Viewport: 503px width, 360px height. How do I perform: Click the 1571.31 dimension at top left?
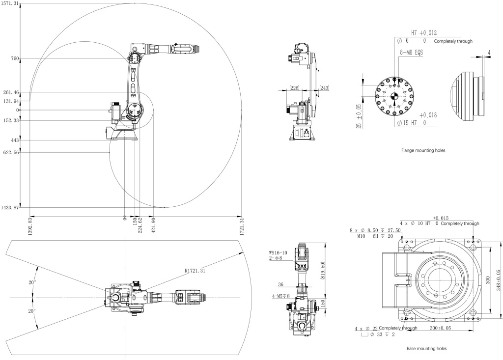10,3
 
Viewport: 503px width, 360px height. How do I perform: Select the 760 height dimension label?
14,59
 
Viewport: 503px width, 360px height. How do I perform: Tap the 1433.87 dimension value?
10,208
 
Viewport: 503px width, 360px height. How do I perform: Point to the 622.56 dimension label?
11,153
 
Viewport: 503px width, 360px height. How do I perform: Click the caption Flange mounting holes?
422,151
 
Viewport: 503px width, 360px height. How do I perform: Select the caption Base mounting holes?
426,349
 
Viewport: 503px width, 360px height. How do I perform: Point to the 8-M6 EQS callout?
412,51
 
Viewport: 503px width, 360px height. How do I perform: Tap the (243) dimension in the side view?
324,87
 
